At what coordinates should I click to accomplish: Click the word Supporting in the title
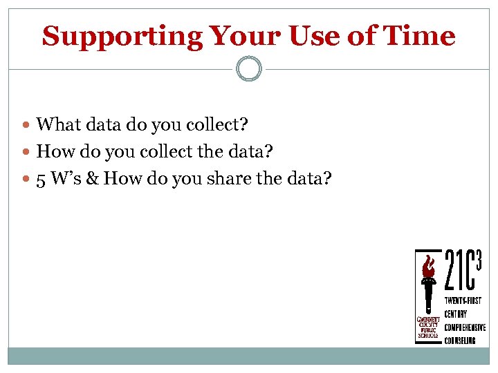pos(122,36)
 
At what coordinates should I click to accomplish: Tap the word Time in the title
pos(421,36)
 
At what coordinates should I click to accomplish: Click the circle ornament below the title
pos(249,68)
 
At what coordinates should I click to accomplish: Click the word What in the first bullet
pos(57,124)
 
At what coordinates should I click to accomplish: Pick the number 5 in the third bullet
pos(41,179)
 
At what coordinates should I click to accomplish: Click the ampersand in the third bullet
pos(91,179)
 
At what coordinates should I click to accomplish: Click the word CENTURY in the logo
pos(456,314)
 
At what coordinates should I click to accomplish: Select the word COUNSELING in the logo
pos(460,341)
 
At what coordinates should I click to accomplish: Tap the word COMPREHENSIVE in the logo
pos(465,327)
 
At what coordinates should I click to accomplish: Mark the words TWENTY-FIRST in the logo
pos(463,300)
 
